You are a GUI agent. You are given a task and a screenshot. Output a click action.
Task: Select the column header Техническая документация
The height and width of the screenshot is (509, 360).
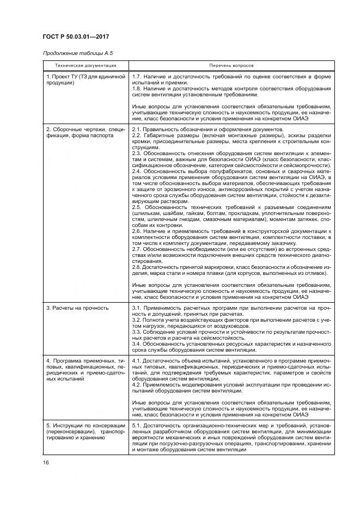pyautogui.click(x=85, y=65)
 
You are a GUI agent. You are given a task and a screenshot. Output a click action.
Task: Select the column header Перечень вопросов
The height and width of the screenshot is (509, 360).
pyautogui.click(x=231, y=65)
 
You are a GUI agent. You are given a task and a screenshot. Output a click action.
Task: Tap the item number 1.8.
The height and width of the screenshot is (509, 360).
pyautogui.click(x=137, y=89)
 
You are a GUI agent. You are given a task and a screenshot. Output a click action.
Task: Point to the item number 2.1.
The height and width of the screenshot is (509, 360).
pyautogui.click(x=137, y=130)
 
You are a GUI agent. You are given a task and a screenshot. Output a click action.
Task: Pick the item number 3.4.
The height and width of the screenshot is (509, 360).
pyautogui.click(x=137, y=345)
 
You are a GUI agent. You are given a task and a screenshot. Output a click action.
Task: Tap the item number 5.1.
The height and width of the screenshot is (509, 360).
pyautogui.click(x=137, y=425)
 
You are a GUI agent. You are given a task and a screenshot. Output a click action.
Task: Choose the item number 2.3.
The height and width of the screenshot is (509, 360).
pyautogui.click(x=137, y=154)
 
